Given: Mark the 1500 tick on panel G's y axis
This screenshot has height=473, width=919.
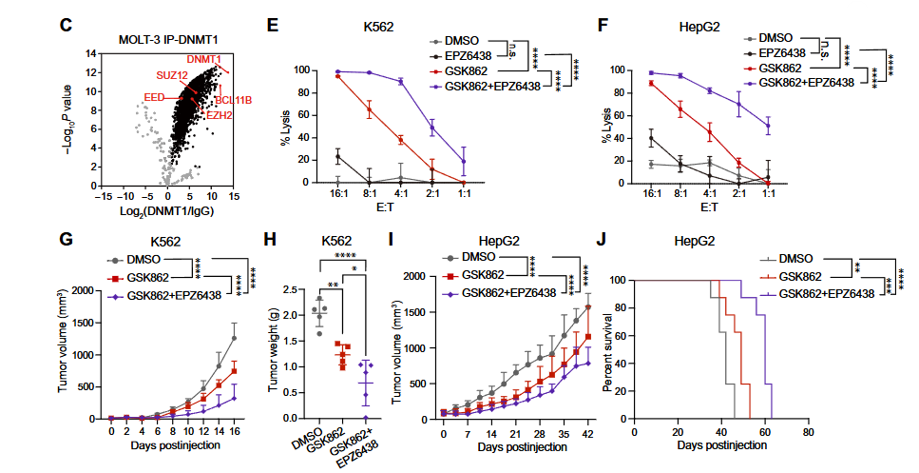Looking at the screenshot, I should coord(84,323).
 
